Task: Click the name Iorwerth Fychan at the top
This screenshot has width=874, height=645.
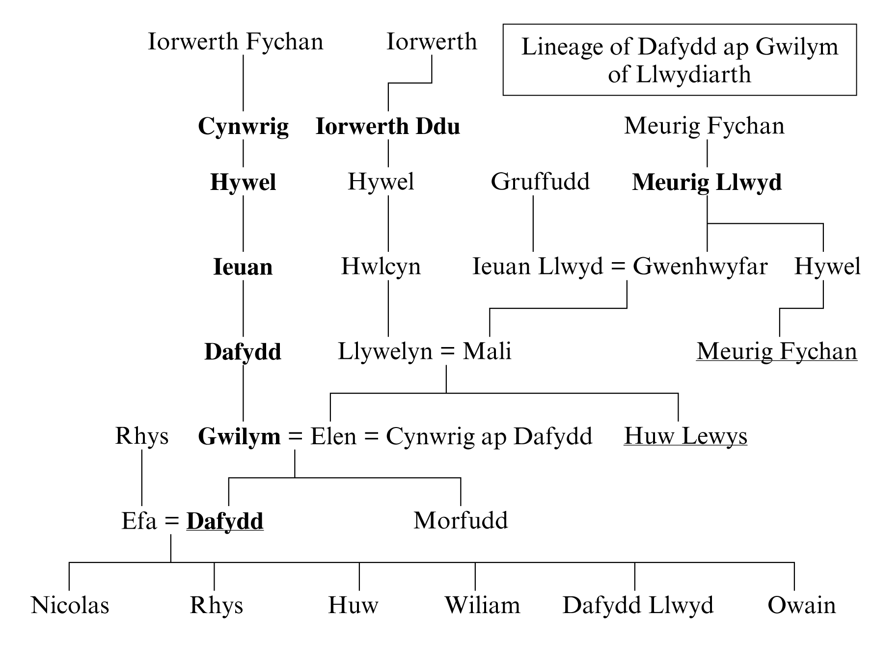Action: tap(236, 42)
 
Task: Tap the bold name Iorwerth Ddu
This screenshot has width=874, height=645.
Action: tap(387, 126)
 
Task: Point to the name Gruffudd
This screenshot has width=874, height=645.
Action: tap(540, 182)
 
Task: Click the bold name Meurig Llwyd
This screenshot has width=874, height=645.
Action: tap(707, 183)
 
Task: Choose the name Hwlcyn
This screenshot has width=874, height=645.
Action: tap(381, 267)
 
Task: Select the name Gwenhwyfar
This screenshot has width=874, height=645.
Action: tap(700, 267)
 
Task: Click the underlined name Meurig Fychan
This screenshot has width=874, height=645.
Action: tap(777, 352)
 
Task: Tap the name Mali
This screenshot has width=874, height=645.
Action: tap(487, 351)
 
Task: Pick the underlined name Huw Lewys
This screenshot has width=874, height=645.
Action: tap(685, 436)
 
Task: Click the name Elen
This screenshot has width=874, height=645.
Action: tap(333, 436)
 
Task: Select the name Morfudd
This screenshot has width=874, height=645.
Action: tap(461, 521)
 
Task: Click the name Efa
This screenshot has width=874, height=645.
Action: tap(139, 521)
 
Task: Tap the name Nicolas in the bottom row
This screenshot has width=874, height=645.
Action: tap(70, 605)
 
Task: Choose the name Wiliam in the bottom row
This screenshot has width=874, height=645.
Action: tap(482, 605)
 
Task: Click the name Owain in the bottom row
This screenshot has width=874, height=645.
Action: tap(802, 605)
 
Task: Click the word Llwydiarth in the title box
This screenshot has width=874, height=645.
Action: tap(694, 75)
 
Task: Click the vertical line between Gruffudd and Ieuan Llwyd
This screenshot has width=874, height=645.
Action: tap(533, 224)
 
